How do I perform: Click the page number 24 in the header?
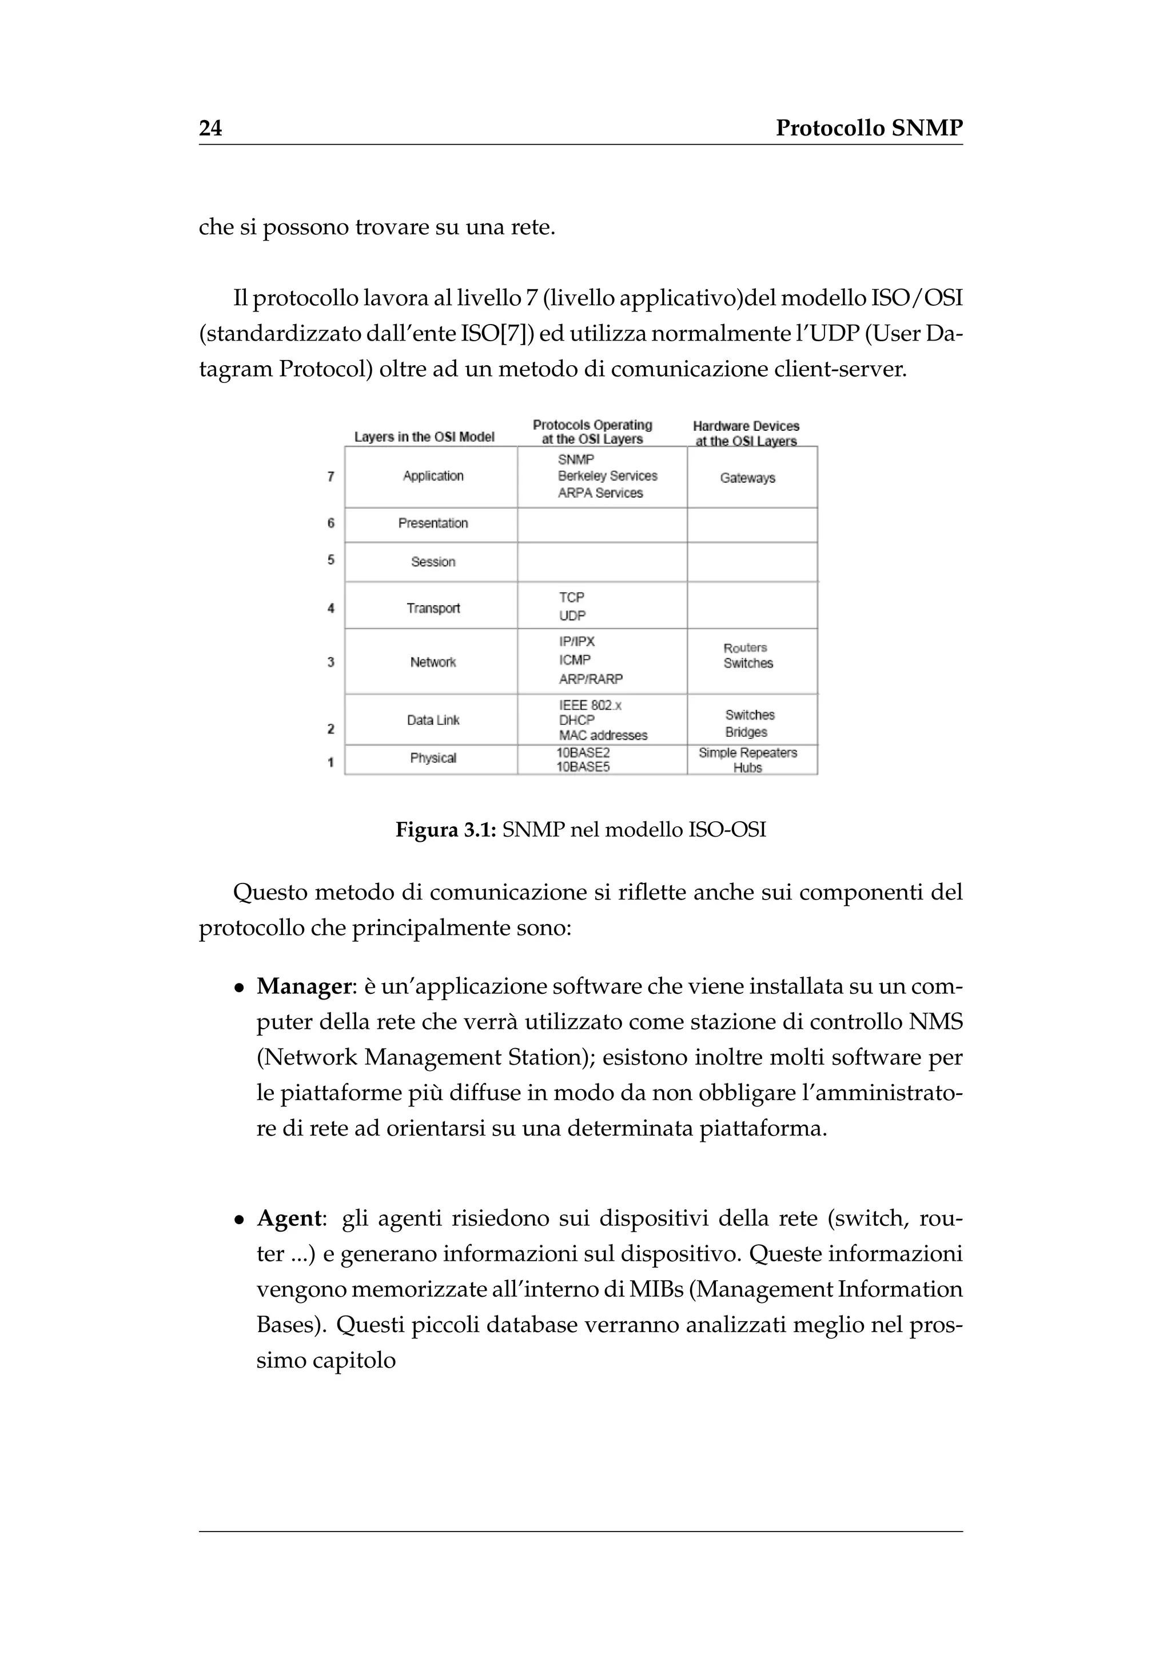pos(210,129)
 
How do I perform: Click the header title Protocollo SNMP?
pos(869,129)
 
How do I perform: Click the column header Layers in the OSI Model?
pos(424,437)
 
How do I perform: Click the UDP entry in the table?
pos(572,615)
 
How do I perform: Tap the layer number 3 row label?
pos(331,662)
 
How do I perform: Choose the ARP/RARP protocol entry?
pos(591,679)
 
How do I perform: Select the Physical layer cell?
pos(433,758)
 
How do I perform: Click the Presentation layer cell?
pos(433,523)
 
